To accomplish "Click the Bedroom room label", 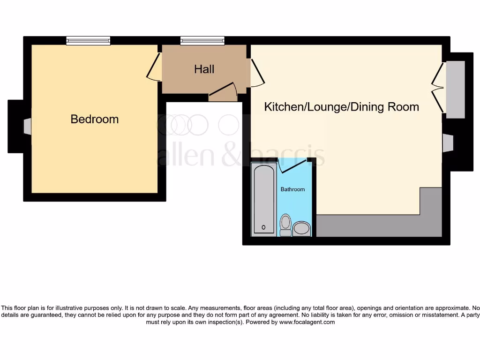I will pyautogui.click(x=94, y=119).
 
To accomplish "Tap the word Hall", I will pyautogui.click(x=204, y=69).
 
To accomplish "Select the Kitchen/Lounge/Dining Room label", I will pyautogui.click(x=341, y=107).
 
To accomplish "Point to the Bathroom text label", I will pyautogui.click(x=292, y=189).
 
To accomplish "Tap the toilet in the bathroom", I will pyautogui.click(x=285, y=225).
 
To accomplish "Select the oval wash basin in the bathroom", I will pyautogui.click(x=301, y=229).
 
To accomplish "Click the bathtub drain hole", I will pyautogui.click(x=263, y=227).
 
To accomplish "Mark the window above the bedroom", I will pyautogui.click(x=88, y=41).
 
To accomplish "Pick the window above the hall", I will pyautogui.click(x=202, y=41).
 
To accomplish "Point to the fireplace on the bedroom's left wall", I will pyautogui.click(x=28, y=127).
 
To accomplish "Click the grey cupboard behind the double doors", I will pyautogui.click(x=455, y=89).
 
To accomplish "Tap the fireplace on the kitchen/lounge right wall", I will pyautogui.click(x=448, y=143).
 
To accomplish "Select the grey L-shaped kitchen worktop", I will pyautogui.click(x=375, y=226).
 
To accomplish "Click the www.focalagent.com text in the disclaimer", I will pyautogui.click(x=307, y=322).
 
